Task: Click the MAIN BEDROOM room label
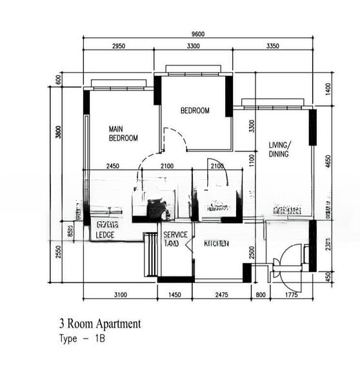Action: click(123, 133)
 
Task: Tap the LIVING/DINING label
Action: click(279, 150)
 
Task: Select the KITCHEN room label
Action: click(216, 244)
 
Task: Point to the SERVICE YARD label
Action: click(175, 239)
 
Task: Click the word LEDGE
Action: click(105, 235)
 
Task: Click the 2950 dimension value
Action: click(119, 46)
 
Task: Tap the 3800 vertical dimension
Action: click(58, 132)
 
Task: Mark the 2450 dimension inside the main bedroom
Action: click(113, 166)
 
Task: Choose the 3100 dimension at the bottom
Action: click(120, 295)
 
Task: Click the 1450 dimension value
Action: click(175, 295)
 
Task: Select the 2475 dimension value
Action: click(221, 295)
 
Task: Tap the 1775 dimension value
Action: click(294, 295)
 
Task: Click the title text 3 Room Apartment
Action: click(99, 324)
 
